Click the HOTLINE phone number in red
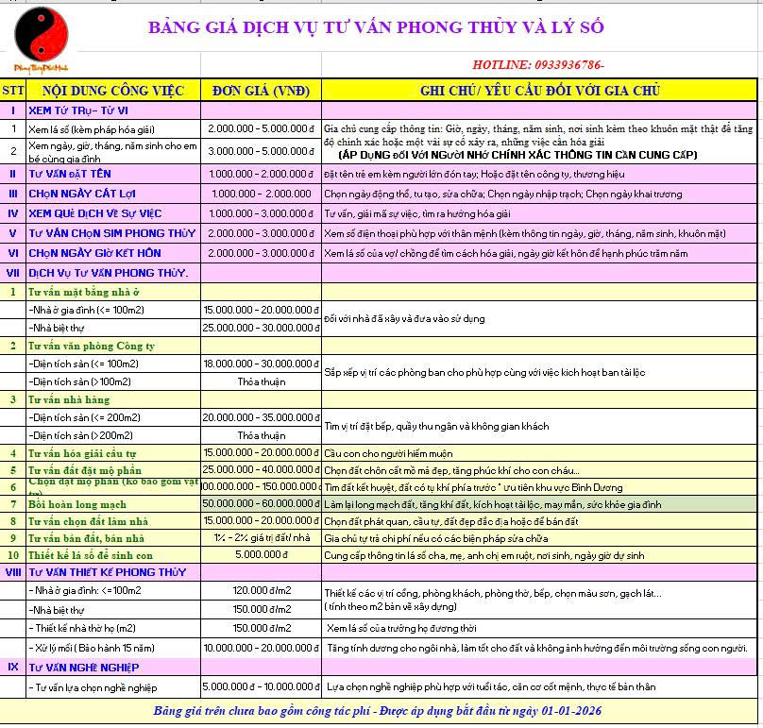[538, 64]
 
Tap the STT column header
[13, 91]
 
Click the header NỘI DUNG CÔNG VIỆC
[112, 91]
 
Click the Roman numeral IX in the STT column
[13, 668]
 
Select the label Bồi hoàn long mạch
[77, 504]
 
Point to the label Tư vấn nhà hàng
[70, 399]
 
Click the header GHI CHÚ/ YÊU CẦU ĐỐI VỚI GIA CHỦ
[539, 91]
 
